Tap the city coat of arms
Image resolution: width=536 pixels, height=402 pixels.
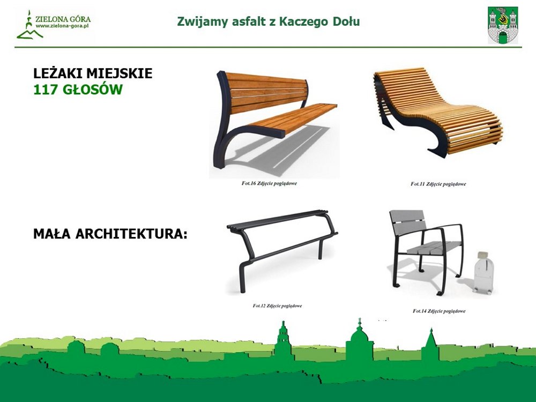503,25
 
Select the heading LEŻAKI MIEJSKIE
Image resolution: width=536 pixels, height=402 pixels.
93,73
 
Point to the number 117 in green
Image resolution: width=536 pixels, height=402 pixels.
46,90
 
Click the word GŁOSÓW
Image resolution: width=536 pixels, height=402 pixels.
92,89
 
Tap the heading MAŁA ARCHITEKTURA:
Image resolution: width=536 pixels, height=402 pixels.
110,234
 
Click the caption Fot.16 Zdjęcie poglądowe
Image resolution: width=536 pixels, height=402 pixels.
269,183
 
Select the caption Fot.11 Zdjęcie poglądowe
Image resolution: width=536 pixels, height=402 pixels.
438,184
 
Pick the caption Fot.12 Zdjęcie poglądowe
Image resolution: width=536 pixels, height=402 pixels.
277,306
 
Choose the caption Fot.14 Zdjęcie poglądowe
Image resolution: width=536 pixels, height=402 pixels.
439,311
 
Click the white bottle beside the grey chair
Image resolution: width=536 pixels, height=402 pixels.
483,272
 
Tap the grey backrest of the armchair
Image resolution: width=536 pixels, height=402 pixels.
408,221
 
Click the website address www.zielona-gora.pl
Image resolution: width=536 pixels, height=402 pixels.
62,26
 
